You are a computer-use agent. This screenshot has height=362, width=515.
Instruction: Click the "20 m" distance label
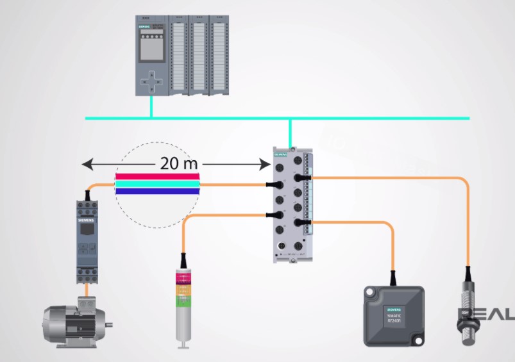(179, 163)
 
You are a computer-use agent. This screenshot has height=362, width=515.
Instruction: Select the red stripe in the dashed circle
(157, 177)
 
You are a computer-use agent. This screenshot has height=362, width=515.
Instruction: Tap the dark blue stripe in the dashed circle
(157, 191)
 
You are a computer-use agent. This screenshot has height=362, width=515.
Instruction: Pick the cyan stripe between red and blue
(157, 184)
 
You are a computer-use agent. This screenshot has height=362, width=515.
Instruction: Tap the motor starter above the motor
(87, 240)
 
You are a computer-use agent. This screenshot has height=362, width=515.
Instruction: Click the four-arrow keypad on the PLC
(151, 80)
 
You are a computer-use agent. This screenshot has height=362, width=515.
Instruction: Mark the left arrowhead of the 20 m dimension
(86, 165)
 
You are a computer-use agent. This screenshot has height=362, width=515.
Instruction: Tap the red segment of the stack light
(183, 280)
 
